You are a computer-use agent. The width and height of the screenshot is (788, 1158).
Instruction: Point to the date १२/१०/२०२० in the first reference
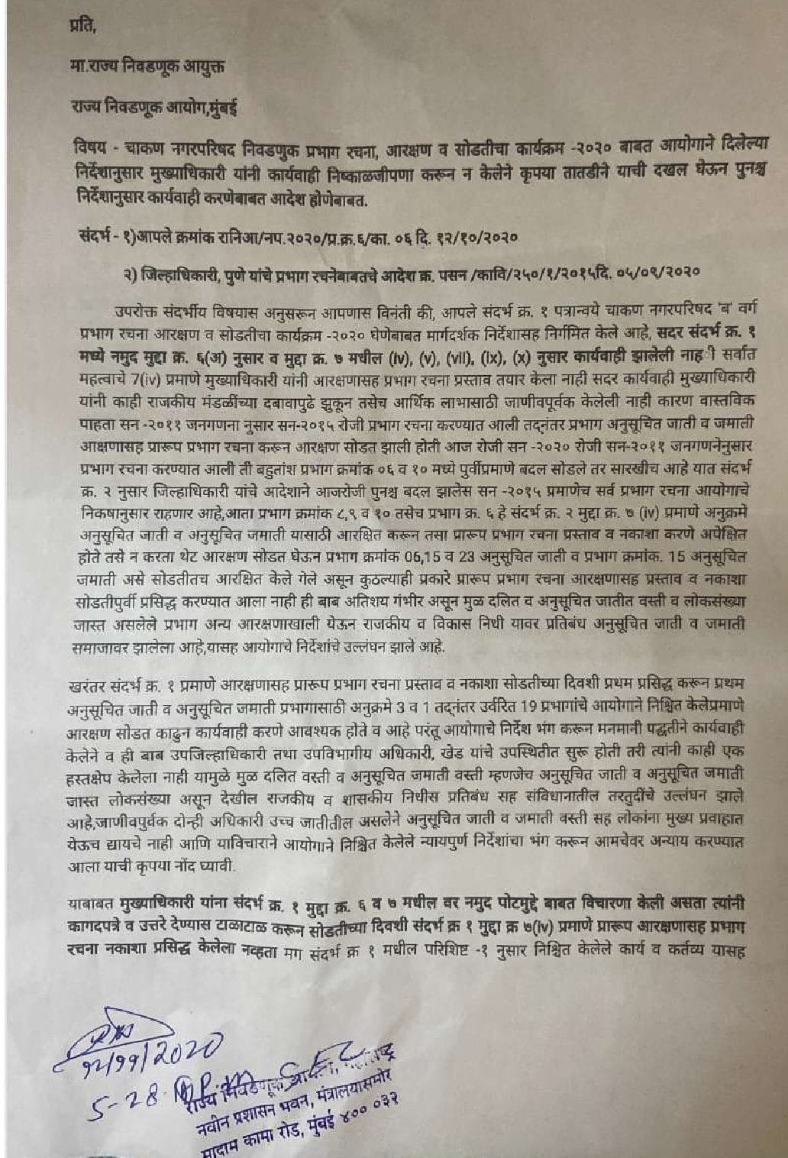[476, 238]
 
